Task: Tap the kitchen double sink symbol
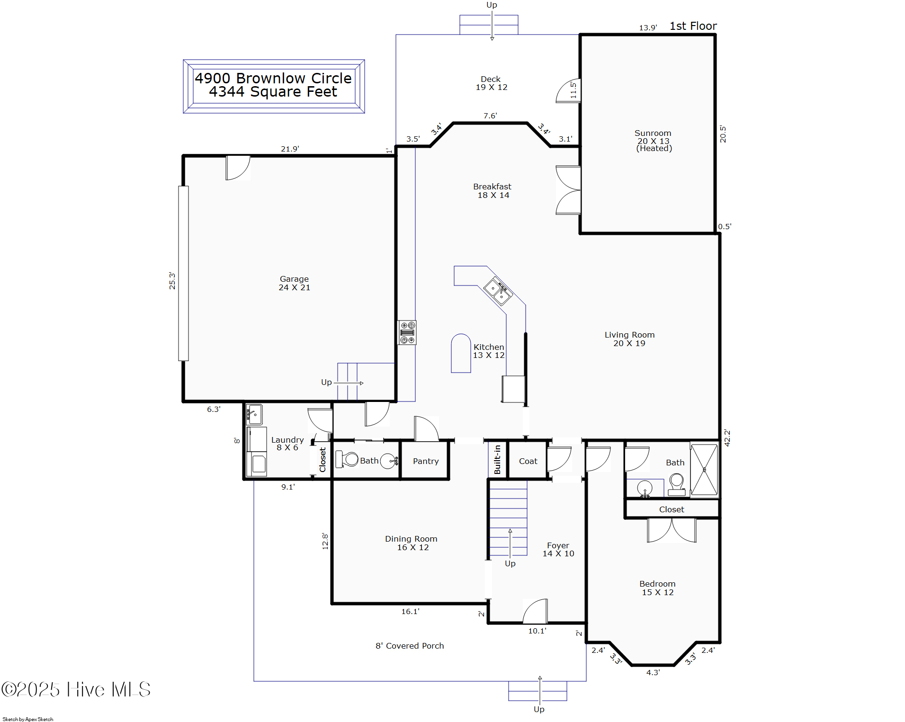[x=497, y=291]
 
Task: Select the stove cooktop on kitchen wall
[x=407, y=332]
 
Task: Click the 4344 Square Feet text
[x=273, y=92]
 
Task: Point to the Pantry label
[x=425, y=461]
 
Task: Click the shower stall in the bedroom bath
[x=704, y=470]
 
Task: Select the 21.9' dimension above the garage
[x=290, y=149]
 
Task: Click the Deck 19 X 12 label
[x=491, y=83]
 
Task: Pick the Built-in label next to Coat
[x=497, y=459]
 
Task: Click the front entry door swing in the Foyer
[x=535, y=612]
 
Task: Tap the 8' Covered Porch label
[x=410, y=646]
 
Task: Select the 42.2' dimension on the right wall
[x=727, y=437]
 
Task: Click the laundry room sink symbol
[x=254, y=414]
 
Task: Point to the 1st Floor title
[x=693, y=26]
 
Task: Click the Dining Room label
[x=411, y=543]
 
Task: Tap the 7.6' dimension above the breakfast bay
[x=490, y=116]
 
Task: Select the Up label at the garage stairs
[x=326, y=382]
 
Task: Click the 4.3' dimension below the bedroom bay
[x=653, y=672]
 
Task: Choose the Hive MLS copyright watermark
[x=76, y=689]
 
